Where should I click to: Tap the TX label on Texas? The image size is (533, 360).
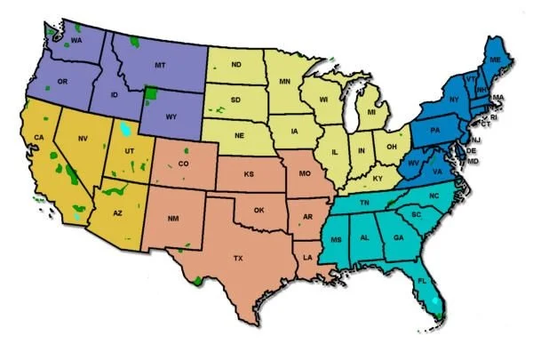(x=238, y=258)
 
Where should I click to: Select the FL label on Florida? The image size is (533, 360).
(x=422, y=281)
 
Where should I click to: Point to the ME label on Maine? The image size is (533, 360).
(x=495, y=59)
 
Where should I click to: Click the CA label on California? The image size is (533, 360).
(x=38, y=137)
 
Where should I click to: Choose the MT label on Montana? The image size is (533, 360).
(x=160, y=66)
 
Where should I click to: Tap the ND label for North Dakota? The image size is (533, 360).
(x=236, y=65)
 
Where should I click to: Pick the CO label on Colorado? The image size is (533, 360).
(x=184, y=164)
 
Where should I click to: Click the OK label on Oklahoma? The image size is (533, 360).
(x=259, y=210)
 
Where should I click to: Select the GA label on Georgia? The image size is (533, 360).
(x=398, y=237)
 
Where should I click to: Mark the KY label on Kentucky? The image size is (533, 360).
(x=378, y=179)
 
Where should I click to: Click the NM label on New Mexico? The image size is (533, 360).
(x=174, y=218)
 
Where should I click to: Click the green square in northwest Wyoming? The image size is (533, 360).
(x=151, y=93)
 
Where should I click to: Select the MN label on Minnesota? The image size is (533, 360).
(x=286, y=82)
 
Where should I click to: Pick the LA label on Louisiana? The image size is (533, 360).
(x=307, y=258)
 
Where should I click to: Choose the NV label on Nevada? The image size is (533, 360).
(x=83, y=139)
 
